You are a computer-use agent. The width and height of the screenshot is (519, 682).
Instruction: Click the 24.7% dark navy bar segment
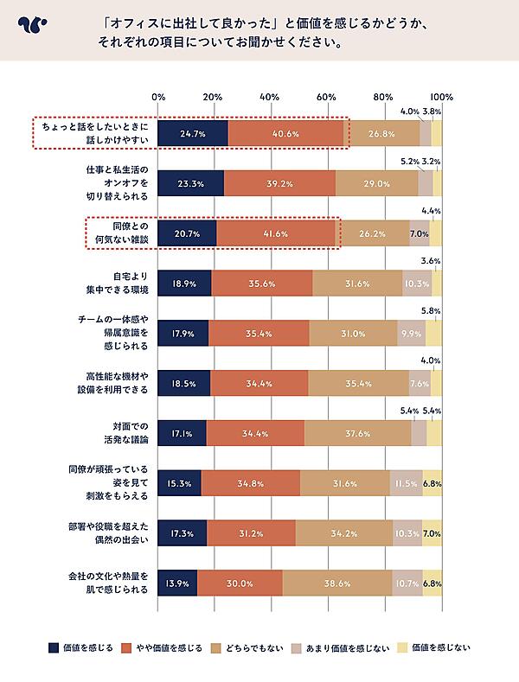click(x=193, y=134)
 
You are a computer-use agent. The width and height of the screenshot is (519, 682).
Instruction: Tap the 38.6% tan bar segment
click(x=337, y=583)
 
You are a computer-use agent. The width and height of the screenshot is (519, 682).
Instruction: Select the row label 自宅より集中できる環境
click(x=121, y=283)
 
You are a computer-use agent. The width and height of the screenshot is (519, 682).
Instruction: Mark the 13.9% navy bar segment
click(x=177, y=583)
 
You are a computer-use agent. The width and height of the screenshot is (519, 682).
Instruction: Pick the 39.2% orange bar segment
click(x=279, y=184)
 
